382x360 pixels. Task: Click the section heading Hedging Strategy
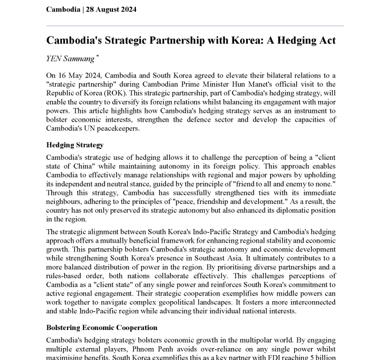(x=75, y=146)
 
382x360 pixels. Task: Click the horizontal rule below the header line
(x=195, y=26)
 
